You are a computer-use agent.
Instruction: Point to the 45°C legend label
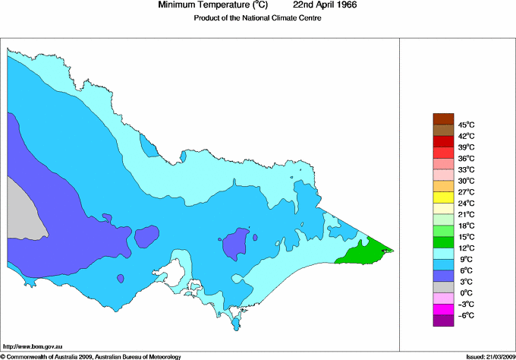[466, 125]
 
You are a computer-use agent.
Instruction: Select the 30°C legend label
[466, 181]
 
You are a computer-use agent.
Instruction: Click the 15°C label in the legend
[466, 237]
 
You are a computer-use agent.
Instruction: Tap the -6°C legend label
[465, 315]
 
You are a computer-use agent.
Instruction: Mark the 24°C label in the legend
[466, 204]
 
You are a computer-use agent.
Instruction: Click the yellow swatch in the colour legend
[443, 197]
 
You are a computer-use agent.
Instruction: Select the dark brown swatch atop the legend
[443, 118]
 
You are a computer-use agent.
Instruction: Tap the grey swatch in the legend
[443, 287]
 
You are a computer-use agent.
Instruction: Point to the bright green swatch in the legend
[443, 231]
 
